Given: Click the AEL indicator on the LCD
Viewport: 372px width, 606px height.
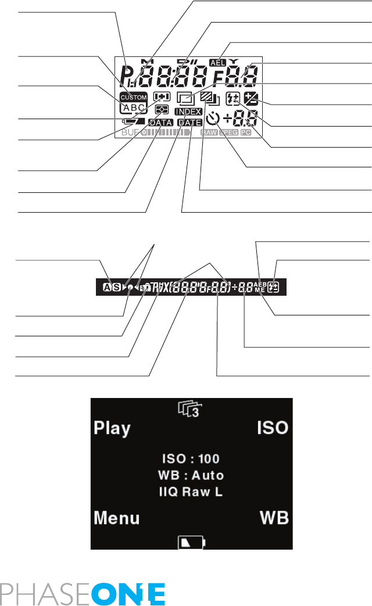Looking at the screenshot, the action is click(x=219, y=63).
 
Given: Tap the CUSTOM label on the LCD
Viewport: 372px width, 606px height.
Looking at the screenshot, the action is click(x=134, y=97).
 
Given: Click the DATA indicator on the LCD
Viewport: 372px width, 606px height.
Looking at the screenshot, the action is click(x=160, y=123).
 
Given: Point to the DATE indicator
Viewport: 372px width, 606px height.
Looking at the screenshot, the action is click(x=189, y=123).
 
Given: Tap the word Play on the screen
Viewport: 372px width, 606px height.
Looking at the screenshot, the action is click(x=112, y=429).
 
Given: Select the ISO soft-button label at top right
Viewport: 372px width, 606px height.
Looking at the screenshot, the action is click(x=273, y=429).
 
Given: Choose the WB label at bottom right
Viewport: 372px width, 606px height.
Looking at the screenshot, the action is click(x=274, y=517).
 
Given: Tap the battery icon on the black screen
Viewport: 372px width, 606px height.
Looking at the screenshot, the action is click(x=191, y=543).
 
